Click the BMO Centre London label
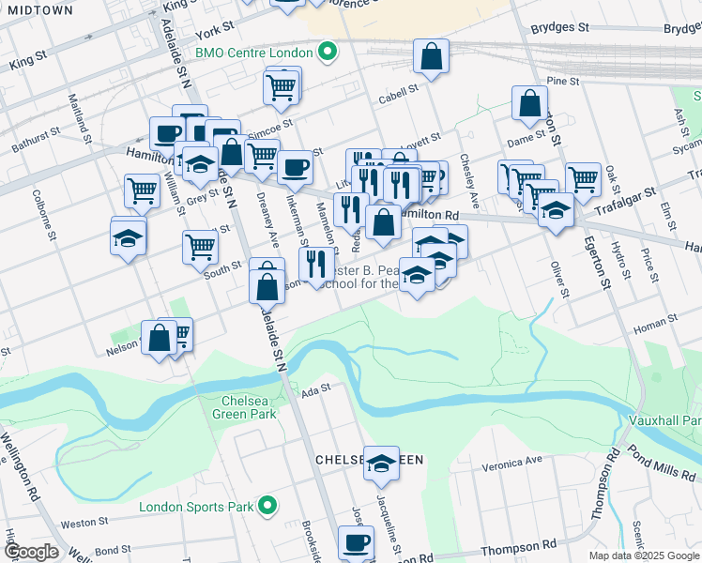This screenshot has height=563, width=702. [253, 52]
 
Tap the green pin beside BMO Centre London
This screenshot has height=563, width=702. [327, 51]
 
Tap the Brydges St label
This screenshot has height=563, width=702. [559, 28]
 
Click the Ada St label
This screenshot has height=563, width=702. [317, 388]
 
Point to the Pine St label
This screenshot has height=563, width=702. [563, 83]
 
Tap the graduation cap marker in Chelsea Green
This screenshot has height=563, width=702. [381, 463]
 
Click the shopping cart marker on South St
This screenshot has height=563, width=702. [200, 247]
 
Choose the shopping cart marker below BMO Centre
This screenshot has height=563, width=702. [281, 87]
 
